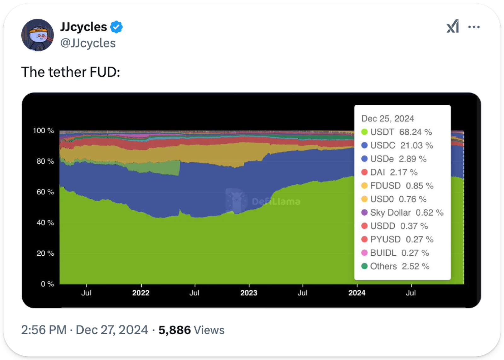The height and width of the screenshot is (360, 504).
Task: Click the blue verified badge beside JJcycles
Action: coord(116,27)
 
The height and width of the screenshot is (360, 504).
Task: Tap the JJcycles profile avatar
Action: coord(37,35)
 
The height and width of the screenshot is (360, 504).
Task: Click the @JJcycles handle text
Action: coord(88,43)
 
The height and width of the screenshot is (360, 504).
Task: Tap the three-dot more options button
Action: coord(474,27)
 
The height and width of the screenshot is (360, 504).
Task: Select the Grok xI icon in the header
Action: coord(453,26)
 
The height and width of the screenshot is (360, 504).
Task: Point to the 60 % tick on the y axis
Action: coord(45,192)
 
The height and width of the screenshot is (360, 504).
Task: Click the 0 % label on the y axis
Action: coord(47,284)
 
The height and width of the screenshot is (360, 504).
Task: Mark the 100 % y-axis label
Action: coord(43,131)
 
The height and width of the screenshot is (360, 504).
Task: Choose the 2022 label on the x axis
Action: coord(141,293)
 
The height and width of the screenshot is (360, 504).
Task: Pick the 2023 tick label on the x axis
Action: coord(249,293)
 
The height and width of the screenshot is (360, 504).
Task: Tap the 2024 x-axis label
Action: coord(357,293)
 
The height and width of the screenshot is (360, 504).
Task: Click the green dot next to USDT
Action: coord(364,132)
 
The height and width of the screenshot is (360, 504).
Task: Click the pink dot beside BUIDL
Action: coord(364,253)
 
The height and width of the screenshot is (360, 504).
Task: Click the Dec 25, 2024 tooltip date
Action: coord(387,119)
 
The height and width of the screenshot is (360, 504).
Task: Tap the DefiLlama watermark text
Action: coord(276,201)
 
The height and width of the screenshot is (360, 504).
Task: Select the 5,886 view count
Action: coord(175,330)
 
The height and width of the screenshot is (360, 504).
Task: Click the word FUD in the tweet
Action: coord(105,72)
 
